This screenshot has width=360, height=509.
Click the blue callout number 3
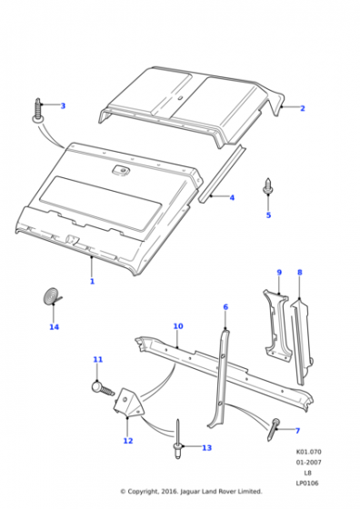pyautogui.click(x=63, y=105)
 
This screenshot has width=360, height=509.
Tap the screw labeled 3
pyautogui.click(x=38, y=111)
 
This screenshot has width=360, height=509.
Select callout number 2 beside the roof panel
pyautogui.click(x=303, y=108)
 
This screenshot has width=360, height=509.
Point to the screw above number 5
pyautogui.click(x=268, y=187)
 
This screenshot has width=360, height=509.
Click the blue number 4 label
pyautogui.click(x=232, y=197)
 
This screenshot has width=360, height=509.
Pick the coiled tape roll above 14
pyautogui.click(x=52, y=296)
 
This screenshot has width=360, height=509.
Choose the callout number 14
pyautogui.click(x=54, y=326)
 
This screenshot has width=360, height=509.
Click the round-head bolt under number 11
pyautogui.click(x=104, y=388)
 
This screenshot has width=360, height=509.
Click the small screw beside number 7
pyautogui.click(x=274, y=429)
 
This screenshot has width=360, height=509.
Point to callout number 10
pyautogui.click(x=178, y=326)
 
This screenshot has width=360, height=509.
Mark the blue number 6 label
pyautogui.click(x=225, y=307)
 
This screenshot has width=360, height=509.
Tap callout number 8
pyautogui.click(x=300, y=273)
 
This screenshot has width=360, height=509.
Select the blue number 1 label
pyautogui.click(x=92, y=281)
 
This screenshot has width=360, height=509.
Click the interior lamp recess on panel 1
pyautogui.click(x=120, y=170)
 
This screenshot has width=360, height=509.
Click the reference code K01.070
pyautogui.click(x=308, y=452)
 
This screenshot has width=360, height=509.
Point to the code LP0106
pyautogui.click(x=307, y=483)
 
